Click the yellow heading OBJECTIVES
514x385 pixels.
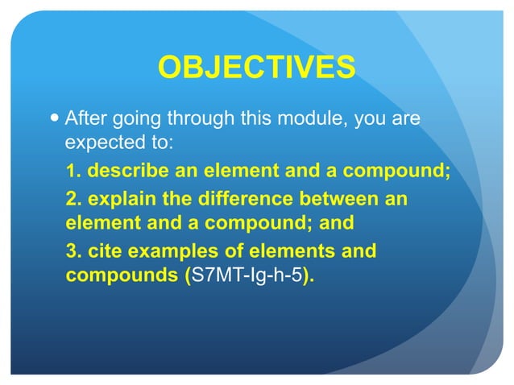(256, 68)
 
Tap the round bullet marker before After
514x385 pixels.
(54, 120)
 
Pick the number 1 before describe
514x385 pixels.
(70, 172)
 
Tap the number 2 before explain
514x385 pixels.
(71, 198)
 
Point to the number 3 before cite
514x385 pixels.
(71, 251)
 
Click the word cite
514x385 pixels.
(103, 251)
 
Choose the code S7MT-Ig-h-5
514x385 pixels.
(246, 276)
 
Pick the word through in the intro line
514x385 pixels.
(203, 120)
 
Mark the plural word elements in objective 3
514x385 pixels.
(291, 251)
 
